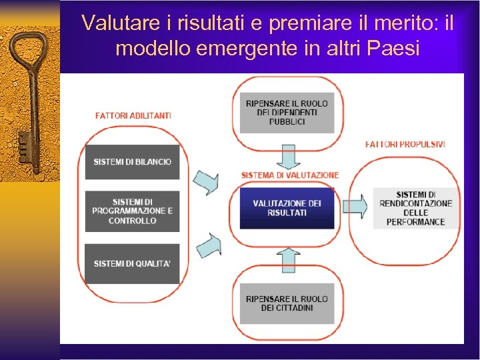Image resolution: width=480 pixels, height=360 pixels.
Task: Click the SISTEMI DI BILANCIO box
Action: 132,161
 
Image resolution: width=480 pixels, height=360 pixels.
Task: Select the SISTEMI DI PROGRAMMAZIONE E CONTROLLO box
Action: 132,211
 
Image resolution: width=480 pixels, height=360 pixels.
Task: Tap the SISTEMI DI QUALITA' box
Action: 132,263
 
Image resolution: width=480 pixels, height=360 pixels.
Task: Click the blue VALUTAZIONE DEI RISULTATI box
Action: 287,207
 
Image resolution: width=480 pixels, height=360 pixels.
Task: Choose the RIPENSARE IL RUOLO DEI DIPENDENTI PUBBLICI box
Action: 287,113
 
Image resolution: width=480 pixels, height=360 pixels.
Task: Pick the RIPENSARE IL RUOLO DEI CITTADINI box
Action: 287,303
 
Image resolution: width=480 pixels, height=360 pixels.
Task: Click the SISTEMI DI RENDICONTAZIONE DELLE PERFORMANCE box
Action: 415,208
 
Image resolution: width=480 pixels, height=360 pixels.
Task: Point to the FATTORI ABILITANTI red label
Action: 133,115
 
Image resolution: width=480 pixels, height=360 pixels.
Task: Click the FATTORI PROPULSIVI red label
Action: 405,144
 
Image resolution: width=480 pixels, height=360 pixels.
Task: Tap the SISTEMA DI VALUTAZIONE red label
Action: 289,175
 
